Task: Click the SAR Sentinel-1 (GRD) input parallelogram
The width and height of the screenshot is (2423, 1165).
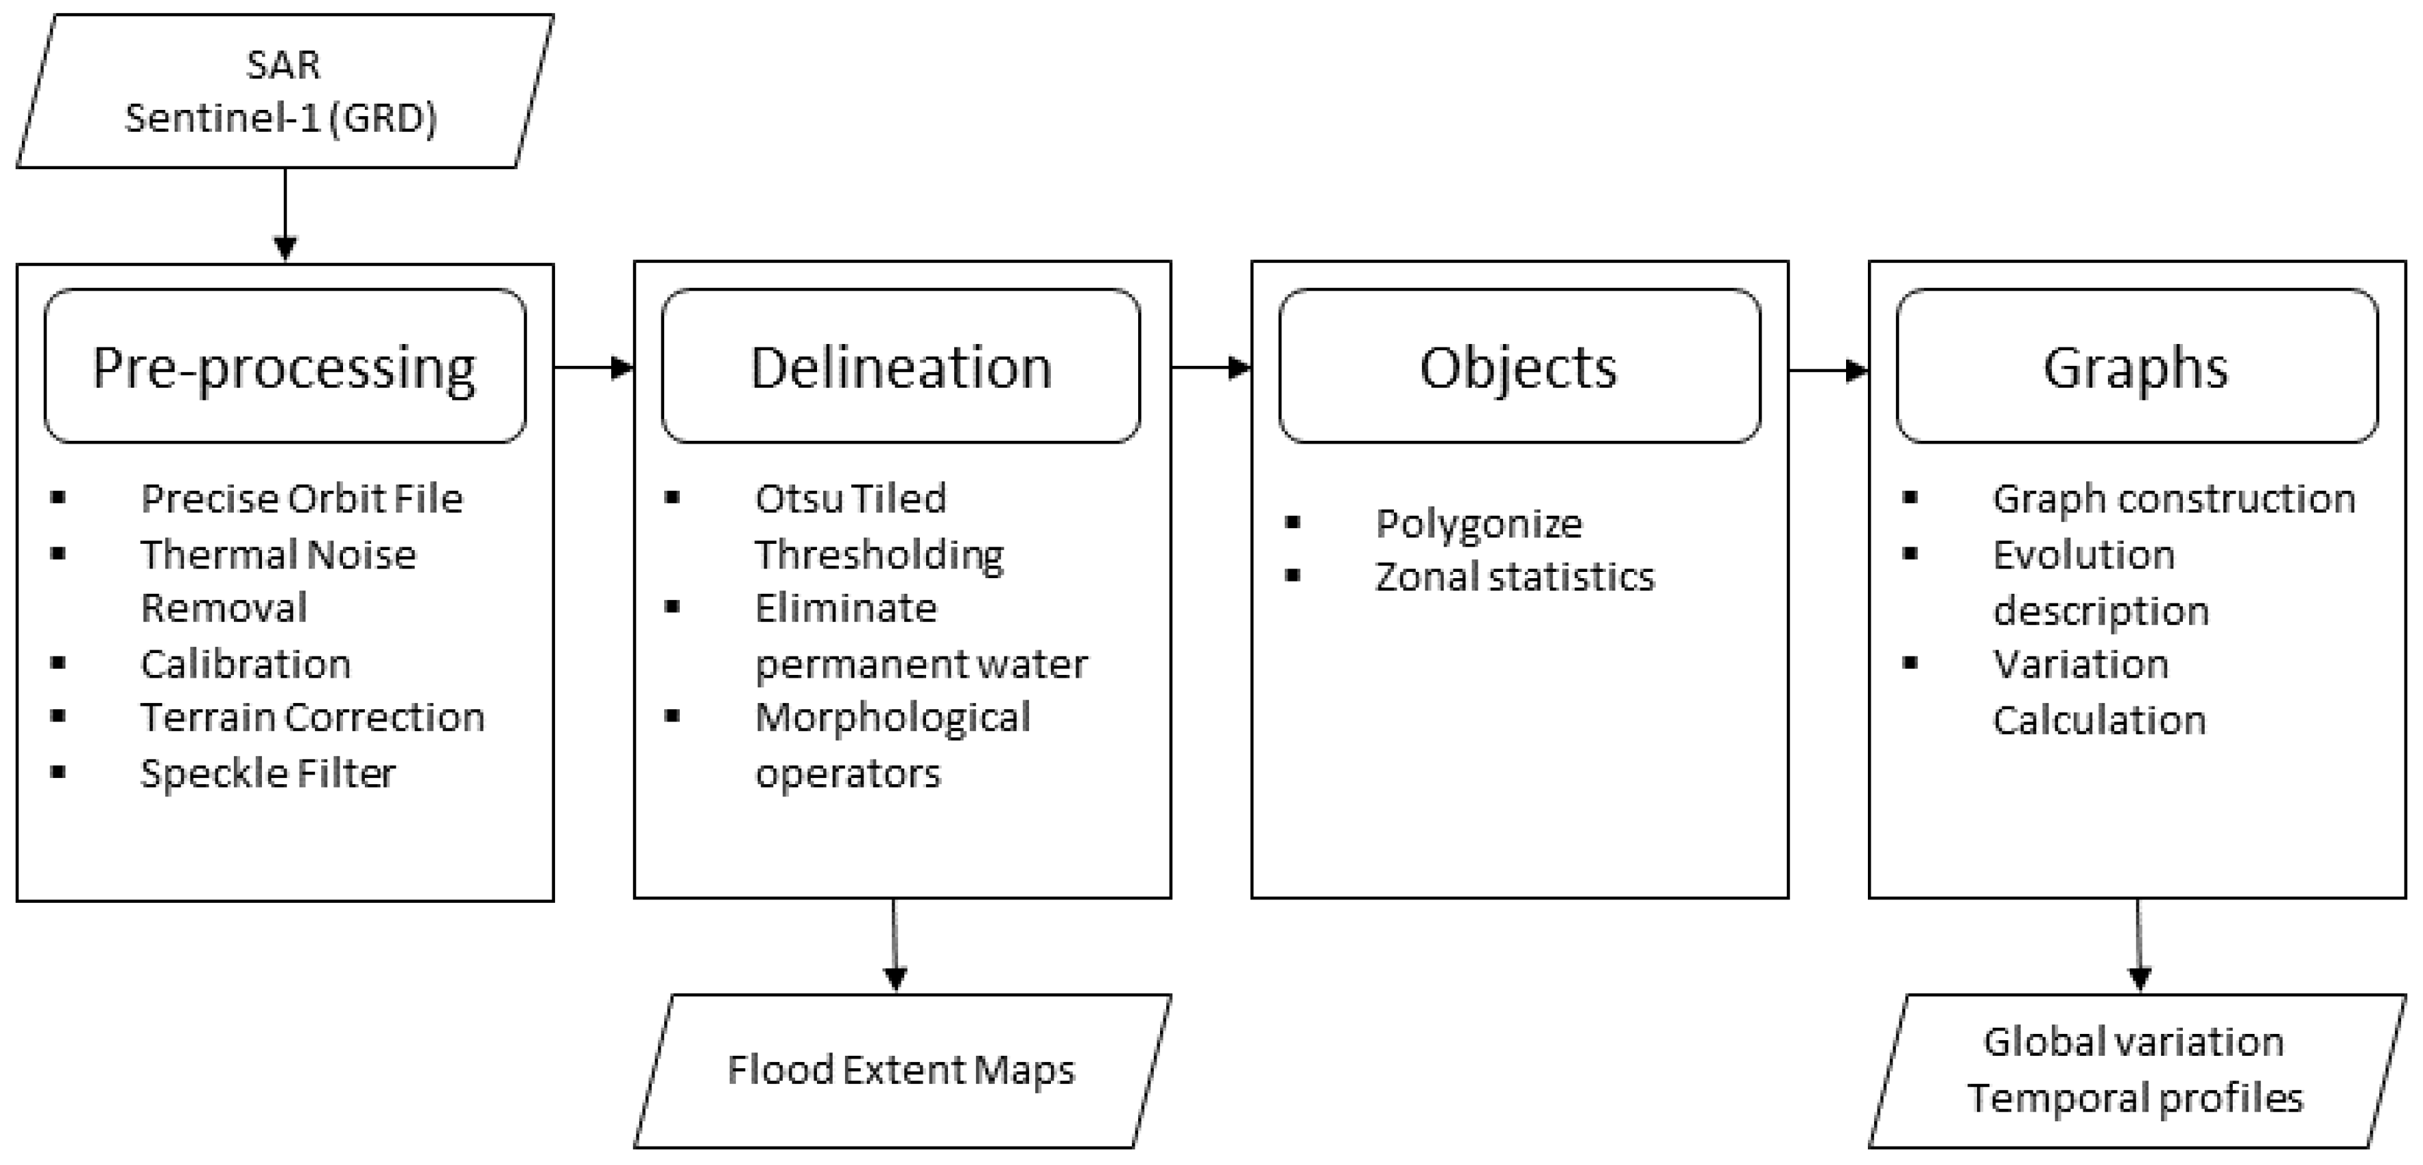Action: tap(284, 91)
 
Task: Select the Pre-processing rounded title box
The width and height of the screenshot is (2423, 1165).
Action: tap(284, 366)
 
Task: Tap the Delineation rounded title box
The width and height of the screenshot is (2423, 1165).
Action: tap(900, 366)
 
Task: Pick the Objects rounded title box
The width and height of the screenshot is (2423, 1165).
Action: tap(1518, 366)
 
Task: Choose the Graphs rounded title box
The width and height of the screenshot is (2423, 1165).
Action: tap(2135, 366)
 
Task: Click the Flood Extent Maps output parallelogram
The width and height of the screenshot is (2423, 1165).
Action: tap(901, 1070)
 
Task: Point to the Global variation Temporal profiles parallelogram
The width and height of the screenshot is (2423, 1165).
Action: tap(2135, 1070)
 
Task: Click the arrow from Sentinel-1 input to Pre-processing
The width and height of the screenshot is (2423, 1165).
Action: tap(285, 214)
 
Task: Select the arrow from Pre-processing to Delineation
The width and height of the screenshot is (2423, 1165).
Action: tap(593, 367)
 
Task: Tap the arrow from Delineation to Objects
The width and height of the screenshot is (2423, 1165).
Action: tap(1210, 367)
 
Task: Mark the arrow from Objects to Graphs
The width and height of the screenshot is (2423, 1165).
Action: tap(1828, 370)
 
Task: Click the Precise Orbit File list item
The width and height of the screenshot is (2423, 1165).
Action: tap(301, 499)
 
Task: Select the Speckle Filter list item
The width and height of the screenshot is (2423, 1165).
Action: tap(268, 773)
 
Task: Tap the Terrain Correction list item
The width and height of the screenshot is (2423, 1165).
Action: tap(312, 718)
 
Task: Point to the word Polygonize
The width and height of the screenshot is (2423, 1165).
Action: tap(1478, 524)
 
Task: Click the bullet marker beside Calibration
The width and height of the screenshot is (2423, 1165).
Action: tap(59, 663)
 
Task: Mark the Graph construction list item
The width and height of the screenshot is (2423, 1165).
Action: tap(2173, 499)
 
